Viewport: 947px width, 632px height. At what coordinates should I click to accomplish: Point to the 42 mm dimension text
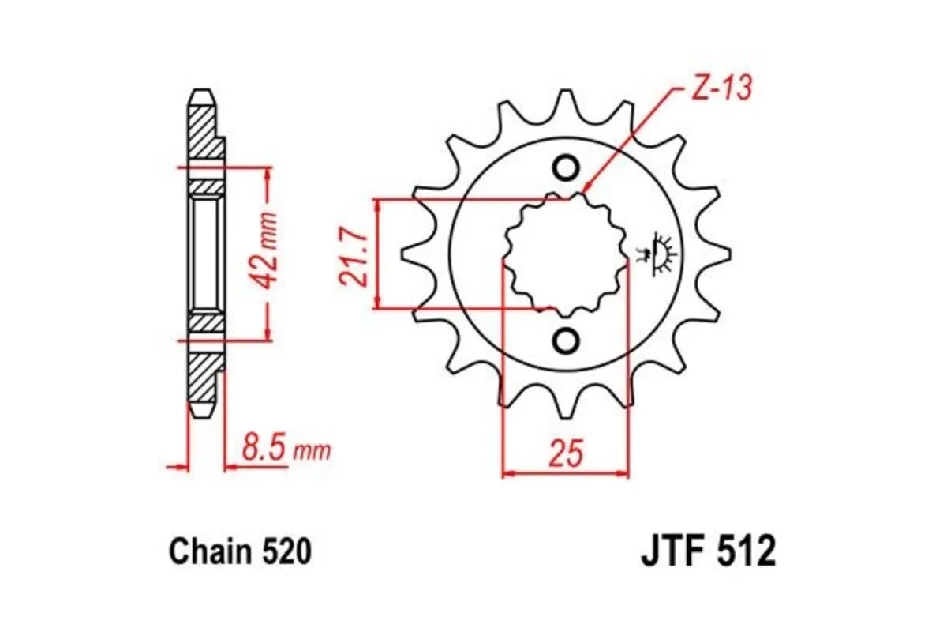(269, 251)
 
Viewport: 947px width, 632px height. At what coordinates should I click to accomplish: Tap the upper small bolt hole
(565, 167)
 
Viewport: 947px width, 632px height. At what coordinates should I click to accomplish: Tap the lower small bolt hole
(565, 340)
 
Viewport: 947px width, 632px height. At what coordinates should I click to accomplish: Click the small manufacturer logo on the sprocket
(657, 253)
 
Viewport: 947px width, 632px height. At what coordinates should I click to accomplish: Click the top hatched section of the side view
(202, 130)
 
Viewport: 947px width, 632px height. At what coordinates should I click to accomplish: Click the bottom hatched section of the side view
(202, 379)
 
